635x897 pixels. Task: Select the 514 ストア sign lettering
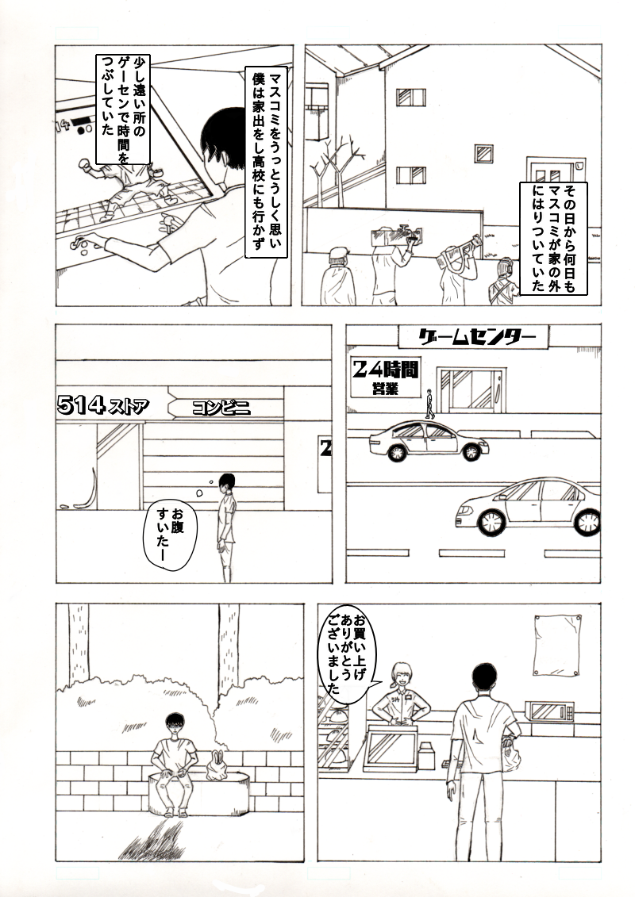pyautogui.click(x=102, y=405)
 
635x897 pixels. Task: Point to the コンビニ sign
pyautogui.click(x=221, y=408)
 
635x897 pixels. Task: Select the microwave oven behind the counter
pyautogui.click(x=550, y=711)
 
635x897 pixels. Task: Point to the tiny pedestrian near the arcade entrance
pyautogui.click(x=430, y=403)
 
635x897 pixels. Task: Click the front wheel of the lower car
pyautogui.click(x=492, y=519)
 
